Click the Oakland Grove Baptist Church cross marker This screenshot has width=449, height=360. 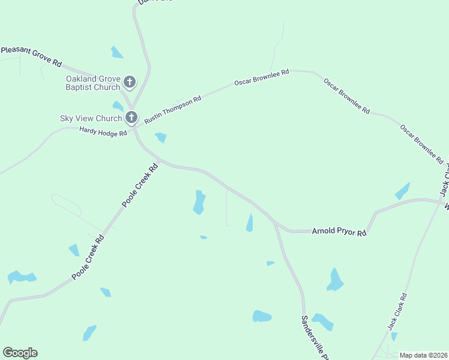[130, 82]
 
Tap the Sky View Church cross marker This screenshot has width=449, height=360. [131, 117]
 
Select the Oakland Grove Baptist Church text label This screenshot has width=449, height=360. [93, 83]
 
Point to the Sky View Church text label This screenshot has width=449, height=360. [91, 118]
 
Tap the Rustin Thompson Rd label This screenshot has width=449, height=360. [172, 109]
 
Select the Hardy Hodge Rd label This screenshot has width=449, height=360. [103, 131]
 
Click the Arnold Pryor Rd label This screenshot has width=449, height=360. [339, 231]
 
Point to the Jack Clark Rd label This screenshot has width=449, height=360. [397, 311]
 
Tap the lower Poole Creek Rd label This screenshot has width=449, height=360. [88, 257]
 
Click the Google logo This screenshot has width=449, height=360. [20, 352]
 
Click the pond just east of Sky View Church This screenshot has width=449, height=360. [160, 137]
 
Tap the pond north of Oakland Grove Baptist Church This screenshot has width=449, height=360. [116, 53]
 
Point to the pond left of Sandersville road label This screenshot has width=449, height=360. [262, 316]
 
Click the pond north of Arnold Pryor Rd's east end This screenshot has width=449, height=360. [402, 191]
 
